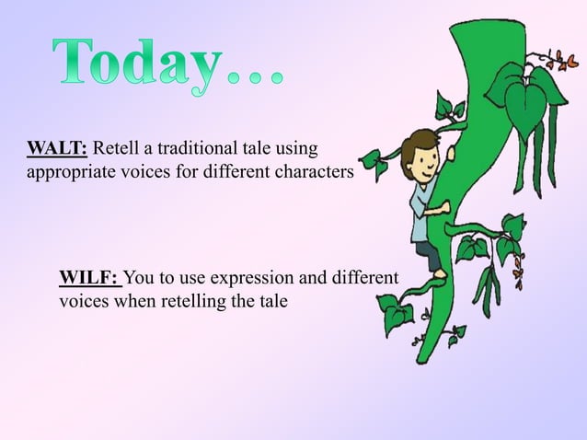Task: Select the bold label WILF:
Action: pos(89,278)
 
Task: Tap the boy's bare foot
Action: pos(440,273)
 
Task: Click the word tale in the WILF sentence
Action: pos(272,300)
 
